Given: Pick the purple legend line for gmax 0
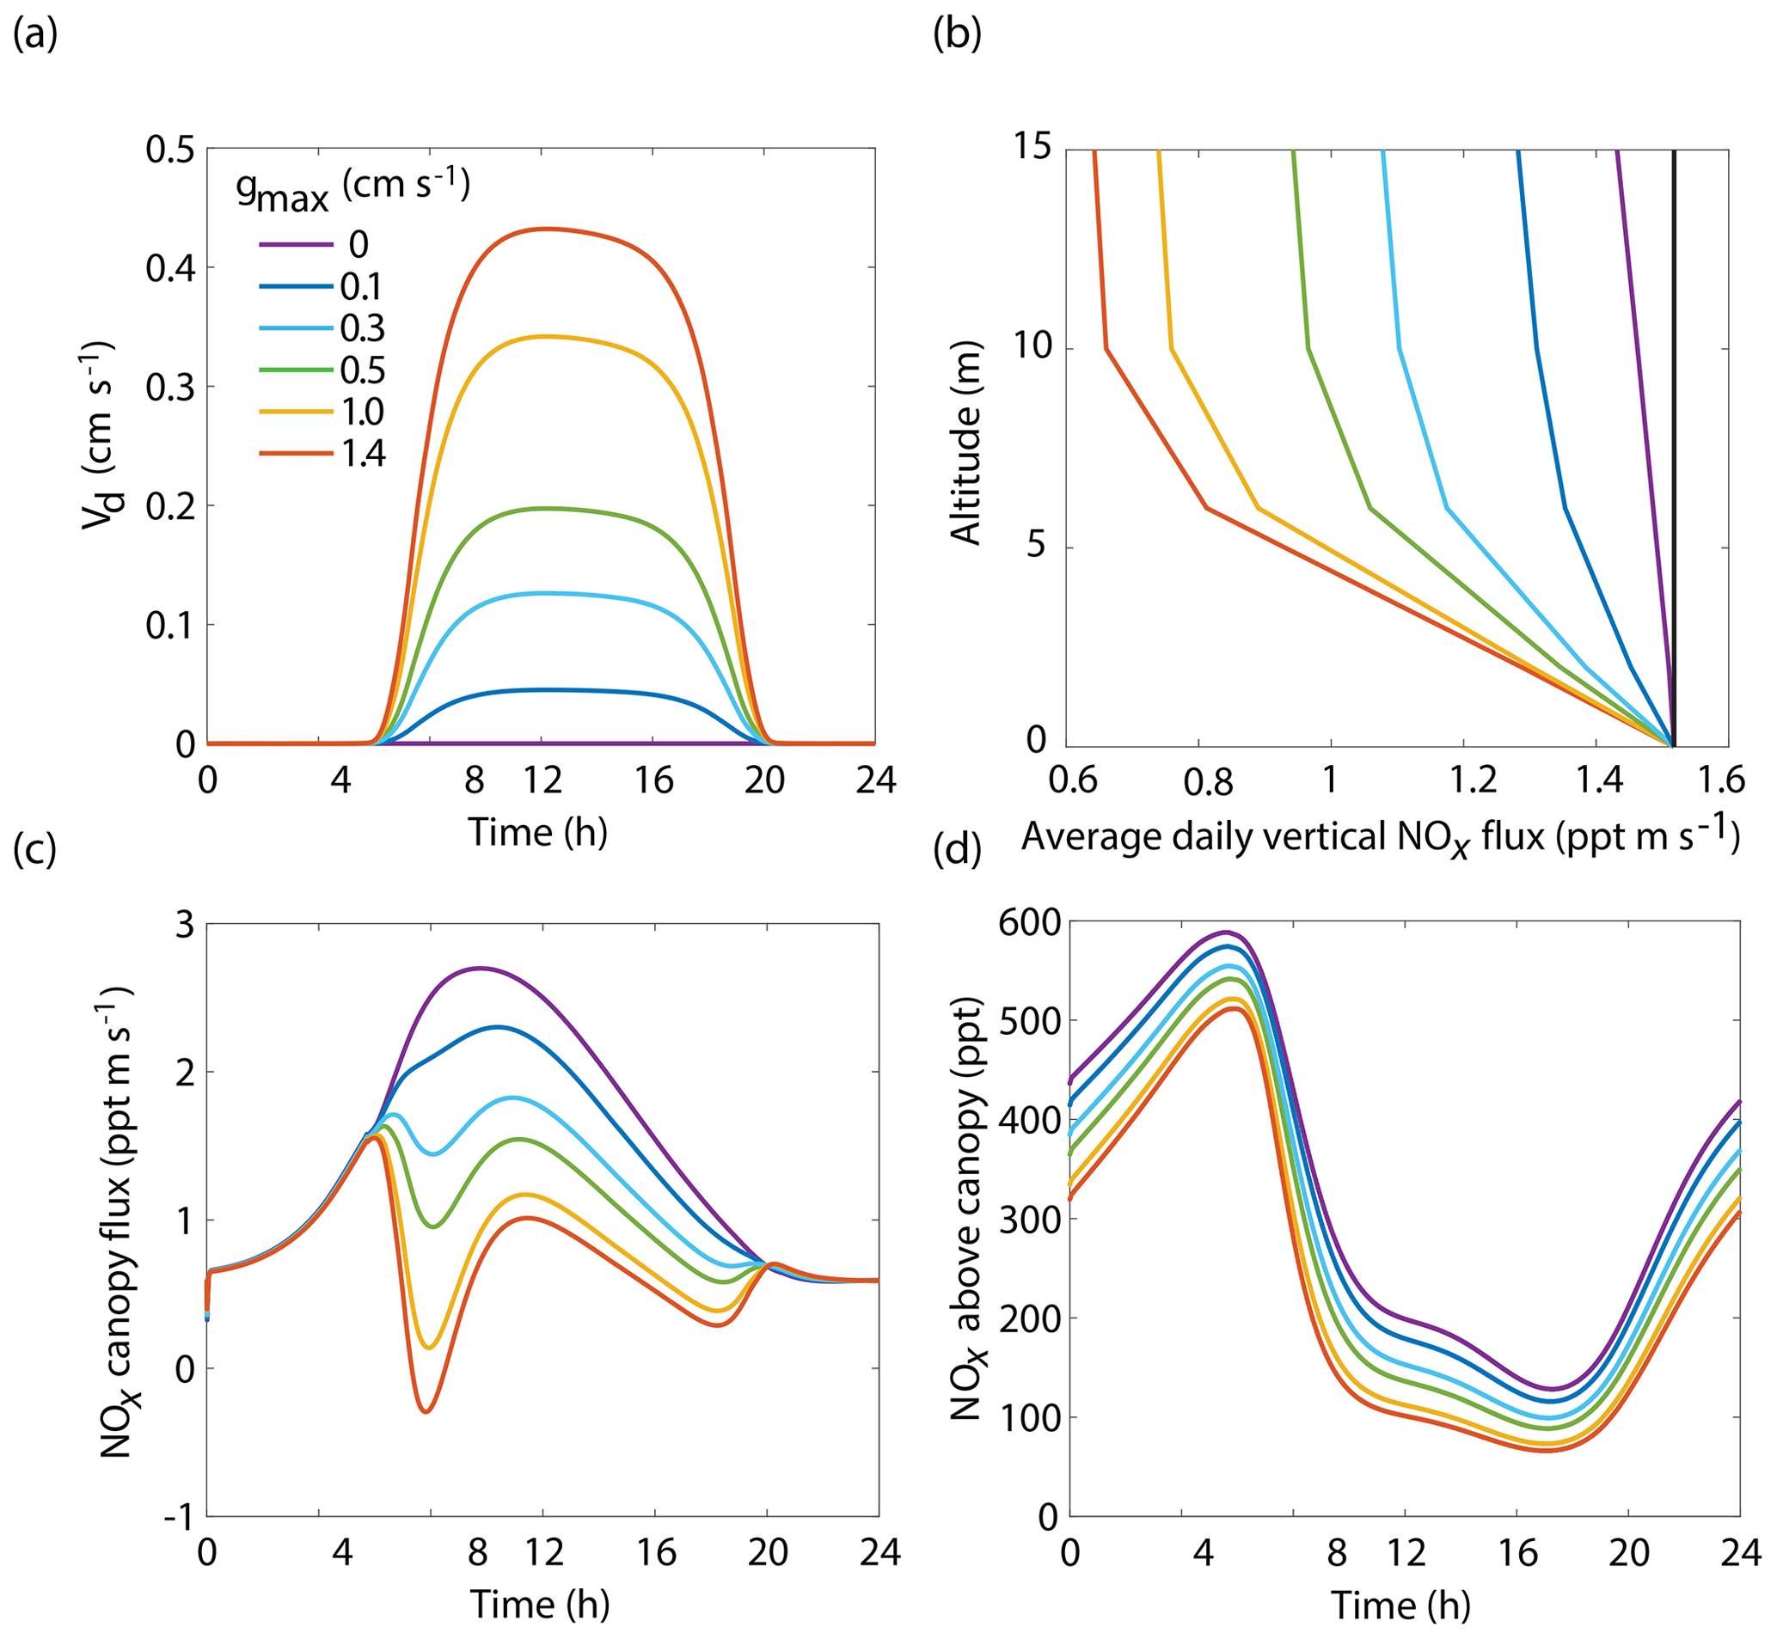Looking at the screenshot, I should point(296,244).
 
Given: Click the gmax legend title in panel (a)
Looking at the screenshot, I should point(352,190).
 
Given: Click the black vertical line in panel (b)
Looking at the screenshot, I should point(1673,443).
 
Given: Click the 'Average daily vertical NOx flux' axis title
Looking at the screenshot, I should point(1379,837).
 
